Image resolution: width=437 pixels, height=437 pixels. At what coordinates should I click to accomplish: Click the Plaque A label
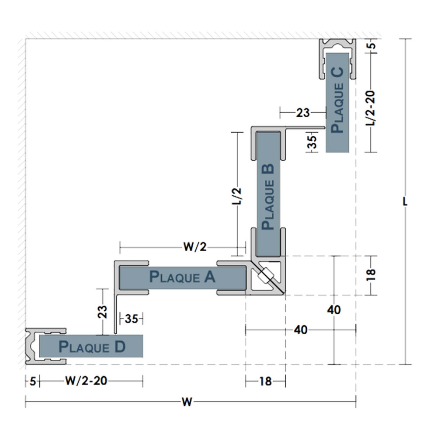pyautogui.click(x=182, y=277)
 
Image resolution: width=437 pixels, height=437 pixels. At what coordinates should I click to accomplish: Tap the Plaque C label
pyautogui.click(x=337, y=100)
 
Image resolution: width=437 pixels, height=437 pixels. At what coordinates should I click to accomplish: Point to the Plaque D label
pyautogui.click(x=92, y=347)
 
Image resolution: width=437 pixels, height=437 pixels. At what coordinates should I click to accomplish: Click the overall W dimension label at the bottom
pyautogui.click(x=187, y=402)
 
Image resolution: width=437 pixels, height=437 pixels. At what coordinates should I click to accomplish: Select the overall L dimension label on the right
pyautogui.click(x=406, y=202)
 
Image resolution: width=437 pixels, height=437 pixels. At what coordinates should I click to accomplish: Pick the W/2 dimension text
pyautogui.click(x=194, y=247)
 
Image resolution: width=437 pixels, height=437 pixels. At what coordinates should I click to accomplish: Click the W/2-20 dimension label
pyautogui.click(x=86, y=381)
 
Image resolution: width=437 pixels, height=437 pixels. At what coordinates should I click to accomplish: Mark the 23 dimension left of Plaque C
pyautogui.click(x=303, y=113)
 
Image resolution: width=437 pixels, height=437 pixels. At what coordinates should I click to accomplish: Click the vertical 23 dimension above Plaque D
pyautogui.click(x=102, y=312)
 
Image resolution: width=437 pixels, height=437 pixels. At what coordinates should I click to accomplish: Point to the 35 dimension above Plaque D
pyautogui.click(x=132, y=319)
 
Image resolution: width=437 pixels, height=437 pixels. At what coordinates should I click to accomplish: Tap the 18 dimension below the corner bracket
pyautogui.click(x=265, y=382)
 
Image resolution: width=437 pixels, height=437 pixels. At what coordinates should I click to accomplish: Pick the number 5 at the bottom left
pyautogui.click(x=32, y=381)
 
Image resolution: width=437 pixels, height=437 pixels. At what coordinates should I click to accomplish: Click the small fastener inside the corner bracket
pyautogui.click(x=266, y=275)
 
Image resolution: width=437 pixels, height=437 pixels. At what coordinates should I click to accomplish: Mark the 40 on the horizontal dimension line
pyautogui.click(x=301, y=330)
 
